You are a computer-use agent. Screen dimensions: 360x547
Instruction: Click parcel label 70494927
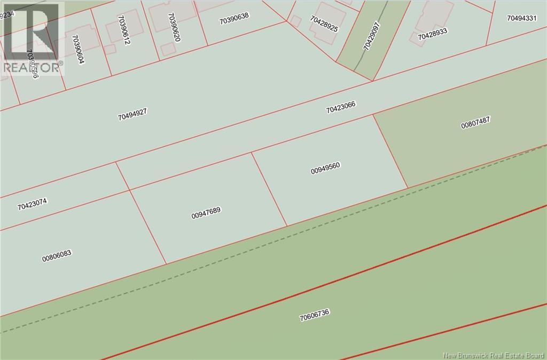pos(132,113)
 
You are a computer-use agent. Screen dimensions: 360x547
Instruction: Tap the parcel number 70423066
pos(340,107)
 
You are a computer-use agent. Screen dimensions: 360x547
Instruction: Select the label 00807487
pos(475,122)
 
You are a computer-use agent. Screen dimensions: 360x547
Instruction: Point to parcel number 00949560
pos(325,168)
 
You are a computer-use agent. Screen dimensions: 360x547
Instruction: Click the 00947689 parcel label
pos(206,213)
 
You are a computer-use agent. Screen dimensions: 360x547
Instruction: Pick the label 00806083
pos(57,255)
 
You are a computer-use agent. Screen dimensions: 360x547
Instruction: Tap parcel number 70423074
pos(32,204)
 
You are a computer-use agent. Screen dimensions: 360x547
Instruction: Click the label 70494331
pos(521,18)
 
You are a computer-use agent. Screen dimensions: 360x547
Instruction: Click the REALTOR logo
pos(33,38)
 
